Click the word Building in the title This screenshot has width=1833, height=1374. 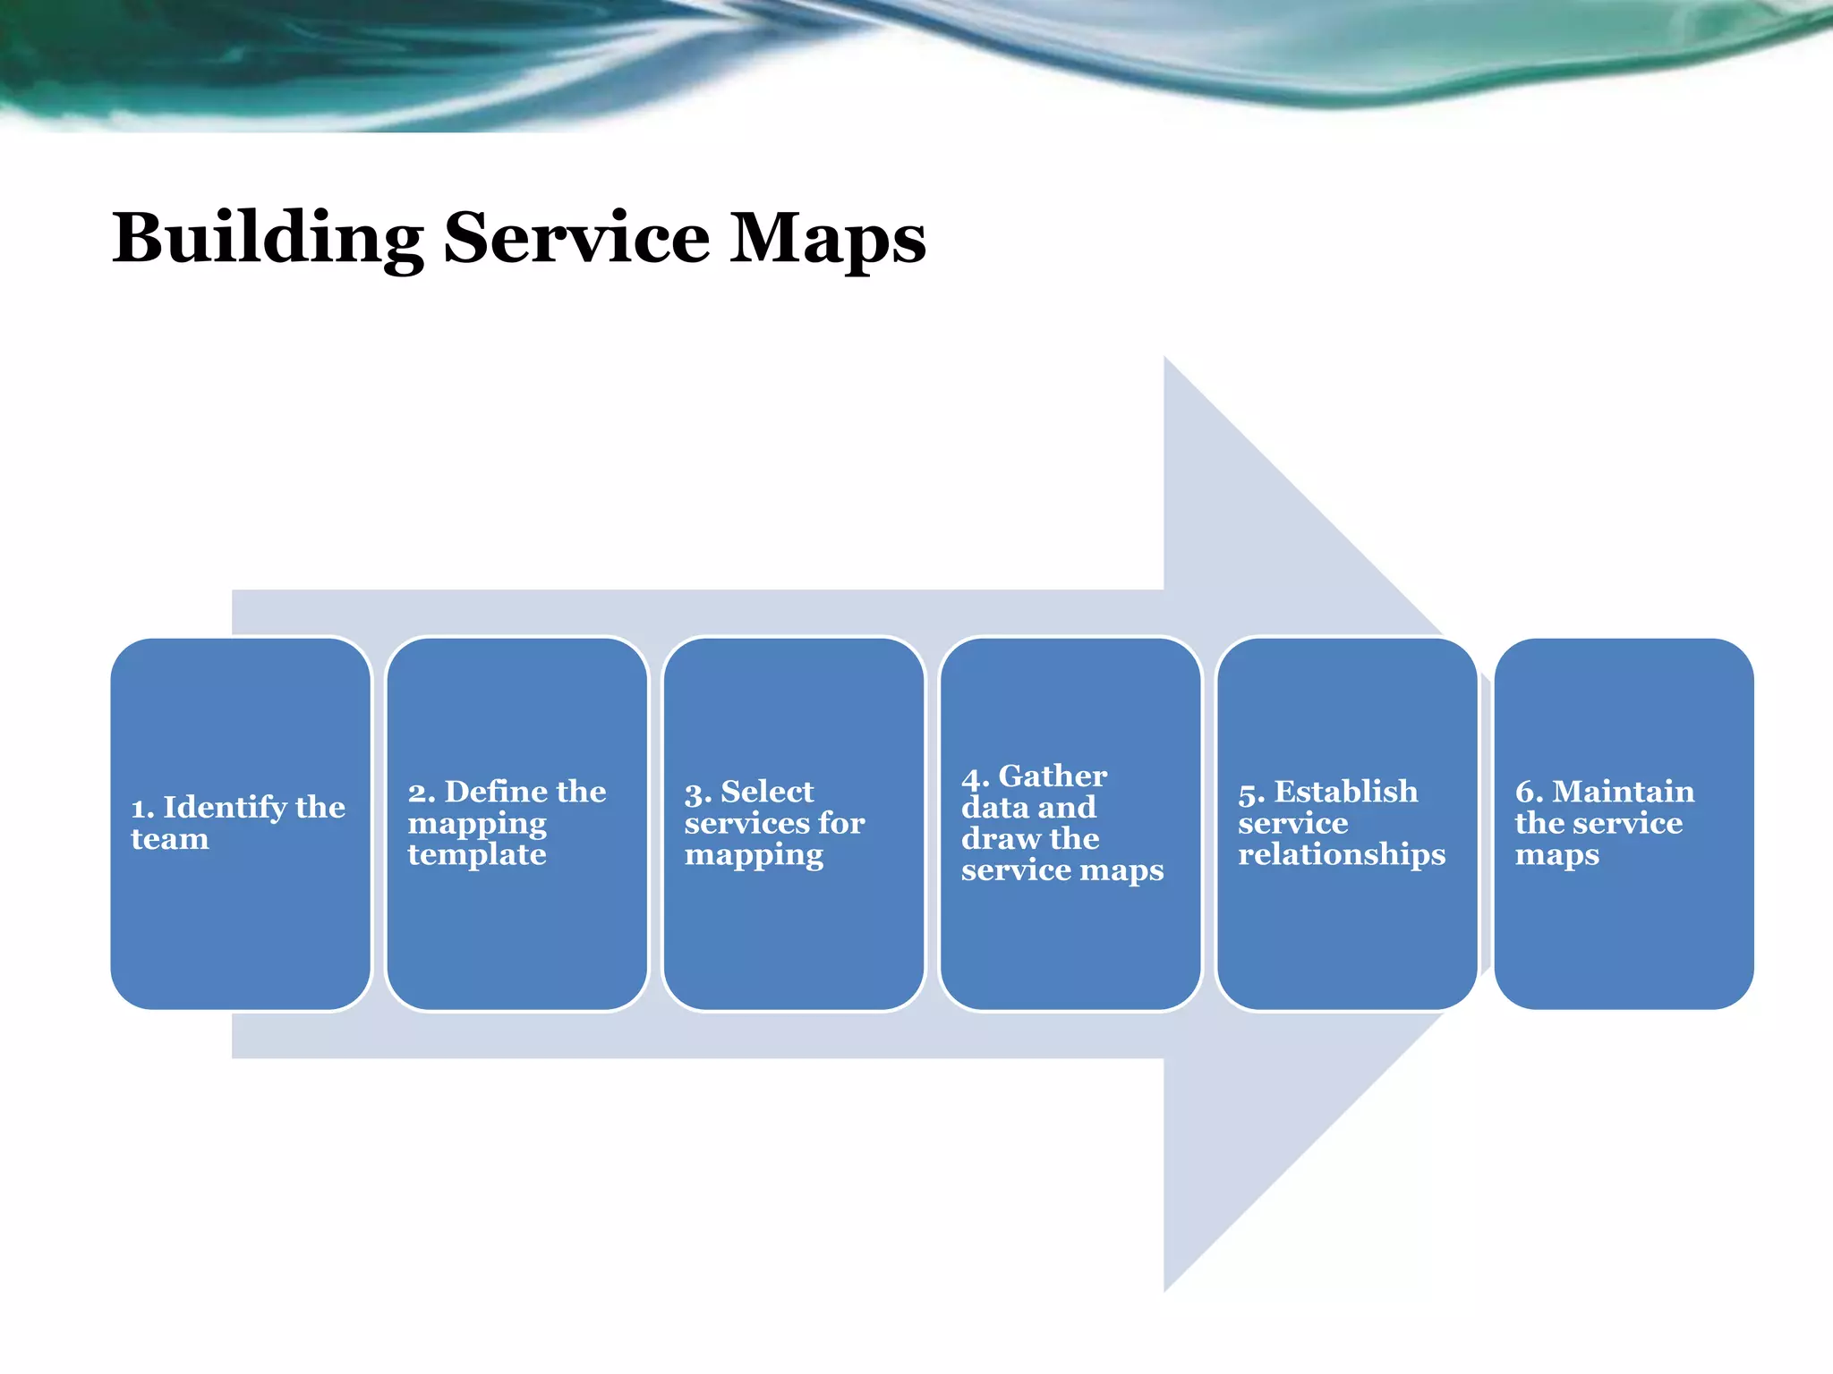tap(267, 238)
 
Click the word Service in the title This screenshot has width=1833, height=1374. tap(576, 238)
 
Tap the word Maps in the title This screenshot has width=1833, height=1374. tap(827, 238)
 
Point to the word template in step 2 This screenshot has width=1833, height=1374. tap(476, 854)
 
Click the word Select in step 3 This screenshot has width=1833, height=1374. tap(767, 791)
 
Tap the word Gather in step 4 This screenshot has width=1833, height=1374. tap(1053, 776)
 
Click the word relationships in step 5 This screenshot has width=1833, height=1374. tap(1341, 854)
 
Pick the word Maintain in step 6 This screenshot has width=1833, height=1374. tap(1623, 791)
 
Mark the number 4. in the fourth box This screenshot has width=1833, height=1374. tap(975, 777)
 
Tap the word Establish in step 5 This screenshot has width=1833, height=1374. tap(1345, 791)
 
